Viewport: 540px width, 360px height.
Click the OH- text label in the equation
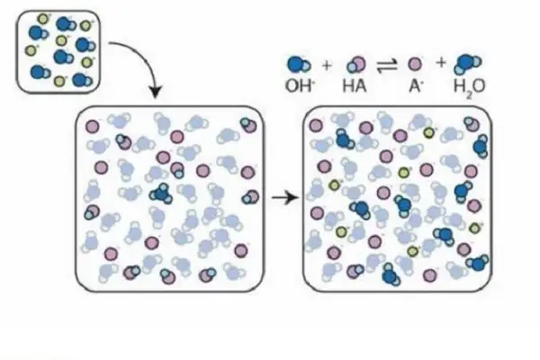tap(300, 85)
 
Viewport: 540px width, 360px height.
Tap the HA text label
tap(354, 85)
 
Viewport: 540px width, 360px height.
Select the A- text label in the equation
tap(415, 85)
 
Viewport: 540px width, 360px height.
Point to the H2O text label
tap(469, 86)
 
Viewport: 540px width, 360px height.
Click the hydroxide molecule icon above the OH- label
tap(299, 65)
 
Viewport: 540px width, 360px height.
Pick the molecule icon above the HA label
tap(356, 65)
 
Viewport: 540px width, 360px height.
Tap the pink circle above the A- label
tap(415, 64)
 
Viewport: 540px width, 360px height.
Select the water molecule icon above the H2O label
tap(467, 64)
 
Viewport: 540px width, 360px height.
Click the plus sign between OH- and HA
tap(327, 65)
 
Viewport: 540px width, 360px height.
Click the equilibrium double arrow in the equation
tap(387, 65)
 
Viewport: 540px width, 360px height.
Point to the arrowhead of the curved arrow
tap(156, 91)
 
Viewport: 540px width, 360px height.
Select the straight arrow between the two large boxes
tap(284, 197)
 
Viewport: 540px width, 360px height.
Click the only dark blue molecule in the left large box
tap(161, 194)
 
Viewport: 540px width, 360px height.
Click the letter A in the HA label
tap(360, 85)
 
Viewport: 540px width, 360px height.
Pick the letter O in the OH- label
tap(292, 85)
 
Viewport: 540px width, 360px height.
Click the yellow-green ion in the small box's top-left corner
tap(42, 19)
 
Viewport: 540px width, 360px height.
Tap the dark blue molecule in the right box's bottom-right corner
tap(477, 263)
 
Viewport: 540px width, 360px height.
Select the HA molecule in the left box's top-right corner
tap(248, 125)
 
